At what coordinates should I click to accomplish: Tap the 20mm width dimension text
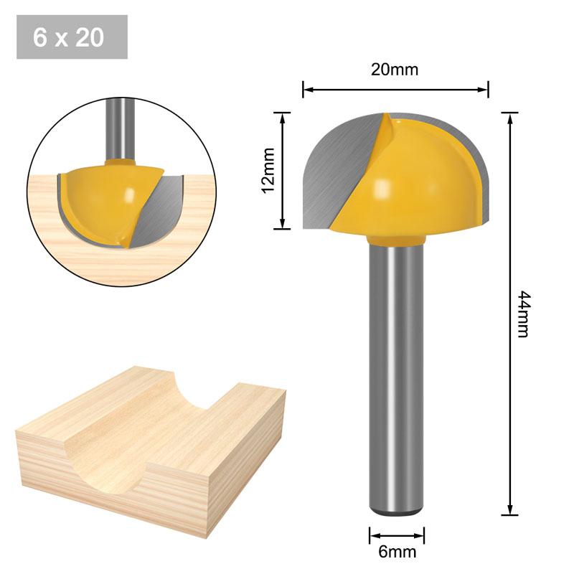(395, 70)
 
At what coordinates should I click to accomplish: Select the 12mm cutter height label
(268, 171)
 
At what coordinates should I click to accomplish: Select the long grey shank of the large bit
(396, 373)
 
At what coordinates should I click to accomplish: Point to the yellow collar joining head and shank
(396, 237)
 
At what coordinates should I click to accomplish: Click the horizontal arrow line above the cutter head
(395, 89)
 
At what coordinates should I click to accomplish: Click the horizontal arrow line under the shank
(397, 535)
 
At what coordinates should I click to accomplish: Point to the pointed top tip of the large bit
(385, 116)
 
